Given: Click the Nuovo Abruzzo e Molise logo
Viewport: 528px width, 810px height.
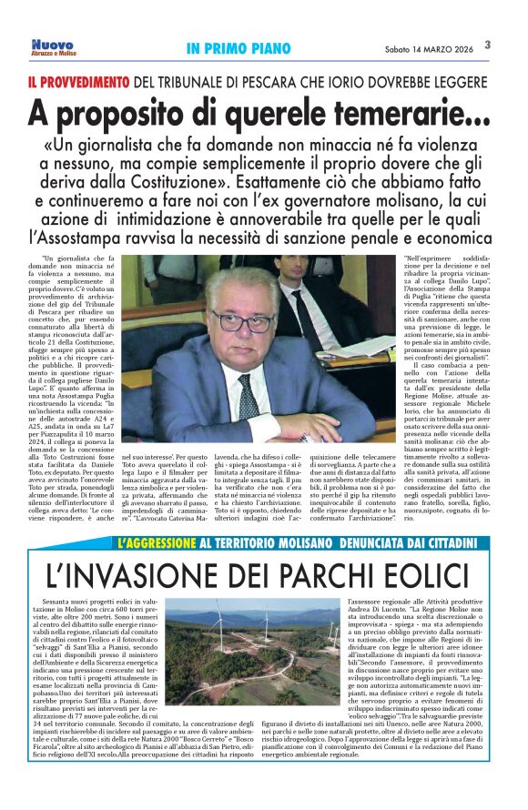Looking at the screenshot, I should point(52,46).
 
